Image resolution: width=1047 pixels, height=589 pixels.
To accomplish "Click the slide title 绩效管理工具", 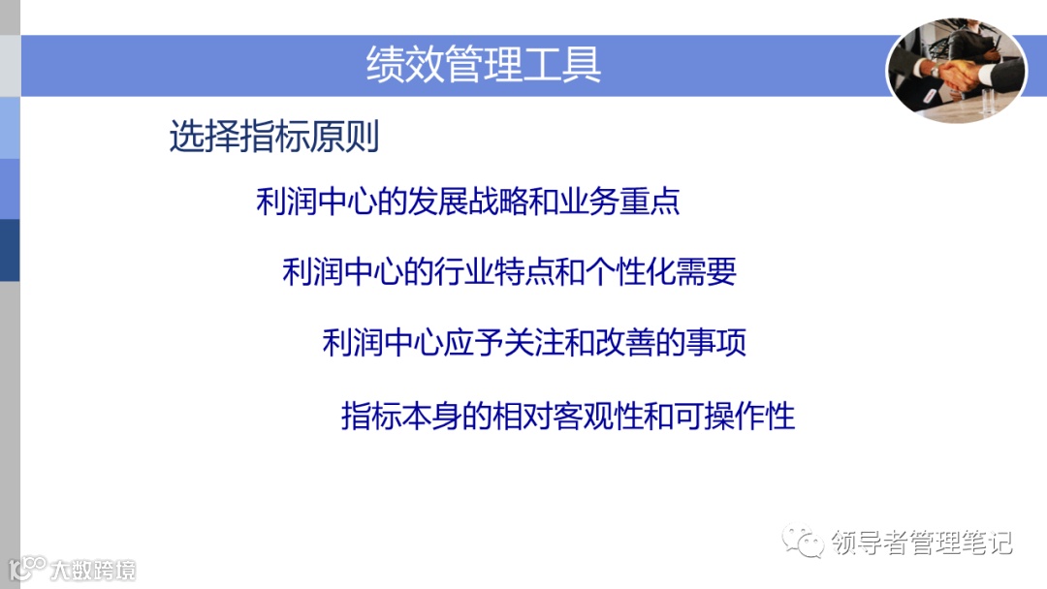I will [484, 64].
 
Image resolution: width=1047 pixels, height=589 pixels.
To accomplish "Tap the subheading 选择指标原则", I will [273, 137].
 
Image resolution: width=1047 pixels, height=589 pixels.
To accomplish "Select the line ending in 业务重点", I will [467, 201].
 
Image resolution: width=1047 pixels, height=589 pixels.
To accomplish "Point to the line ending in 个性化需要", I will [509, 271].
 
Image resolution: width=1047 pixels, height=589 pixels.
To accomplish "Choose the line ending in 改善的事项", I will [534, 343].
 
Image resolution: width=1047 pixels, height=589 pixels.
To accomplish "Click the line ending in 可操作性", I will [567, 416].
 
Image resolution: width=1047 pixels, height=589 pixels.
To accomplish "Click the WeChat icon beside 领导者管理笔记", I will [805, 542].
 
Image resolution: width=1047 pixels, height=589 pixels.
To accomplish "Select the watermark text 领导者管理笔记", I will [922, 542].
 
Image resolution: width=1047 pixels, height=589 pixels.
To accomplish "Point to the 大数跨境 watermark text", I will [94, 570].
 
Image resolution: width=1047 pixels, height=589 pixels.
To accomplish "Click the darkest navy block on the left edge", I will [10, 250].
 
